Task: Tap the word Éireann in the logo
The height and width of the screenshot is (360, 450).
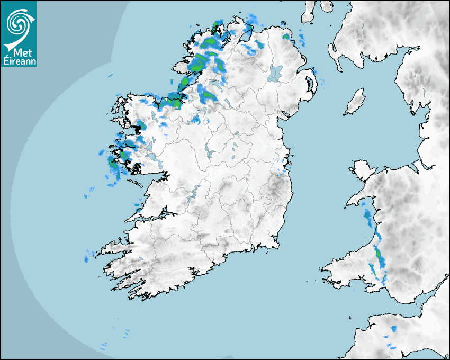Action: click(x=19, y=61)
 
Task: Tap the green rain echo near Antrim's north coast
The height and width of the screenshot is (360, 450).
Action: click(x=286, y=37)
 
